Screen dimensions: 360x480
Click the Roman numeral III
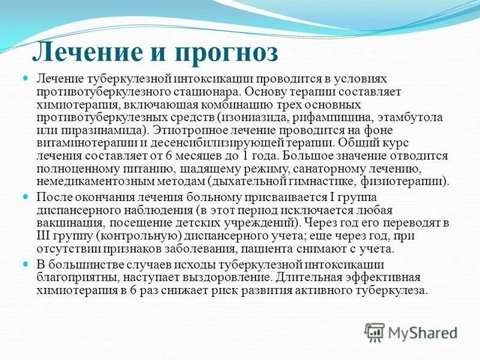(x=45, y=235)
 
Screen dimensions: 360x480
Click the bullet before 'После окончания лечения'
(x=26, y=196)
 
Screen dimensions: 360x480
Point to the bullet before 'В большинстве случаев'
(x=26, y=264)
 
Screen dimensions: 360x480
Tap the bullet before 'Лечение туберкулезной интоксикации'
(x=26, y=79)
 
